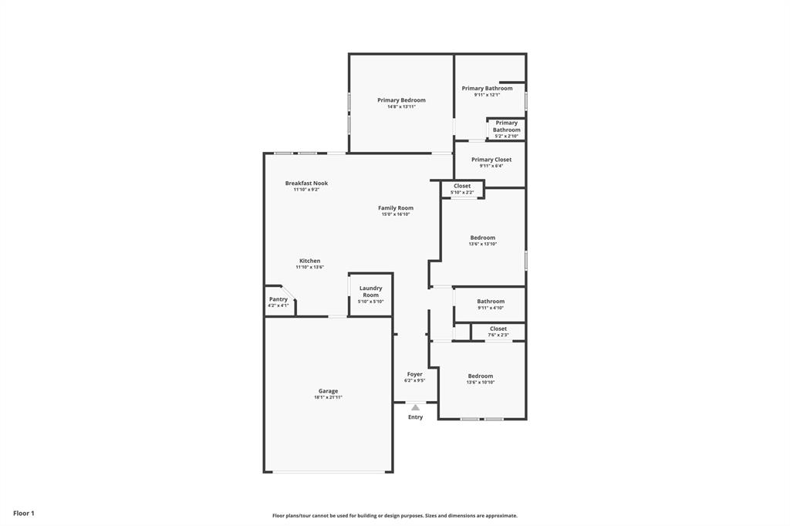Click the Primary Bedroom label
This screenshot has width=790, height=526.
point(401,100)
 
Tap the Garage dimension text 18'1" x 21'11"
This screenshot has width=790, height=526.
point(328,398)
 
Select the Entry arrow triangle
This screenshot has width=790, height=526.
point(415,407)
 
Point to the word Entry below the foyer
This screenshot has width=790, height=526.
point(415,417)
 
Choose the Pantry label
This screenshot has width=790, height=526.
point(279,299)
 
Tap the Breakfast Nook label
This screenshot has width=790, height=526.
point(306,184)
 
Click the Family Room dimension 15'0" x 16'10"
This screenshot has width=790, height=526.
point(396,214)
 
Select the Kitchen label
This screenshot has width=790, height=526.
point(309,261)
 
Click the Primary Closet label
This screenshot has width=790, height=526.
point(491,160)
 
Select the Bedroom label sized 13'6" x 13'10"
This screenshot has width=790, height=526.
point(483,238)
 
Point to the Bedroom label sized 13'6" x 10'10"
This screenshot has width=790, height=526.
point(480,376)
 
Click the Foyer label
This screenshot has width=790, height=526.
point(415,374)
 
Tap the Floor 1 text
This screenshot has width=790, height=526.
point(24,513)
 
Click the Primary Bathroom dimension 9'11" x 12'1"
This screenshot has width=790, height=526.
point(487,95)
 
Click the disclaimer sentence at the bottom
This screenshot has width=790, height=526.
point(394,516)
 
